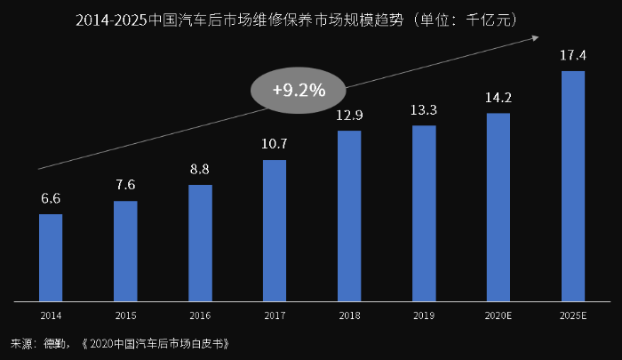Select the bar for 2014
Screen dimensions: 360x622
pos(51,257)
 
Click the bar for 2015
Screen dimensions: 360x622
pos(125,251)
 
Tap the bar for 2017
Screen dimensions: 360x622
pos(275,230)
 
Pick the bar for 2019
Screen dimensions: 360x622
pos(424,212)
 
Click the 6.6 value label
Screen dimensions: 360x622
pos(51,200)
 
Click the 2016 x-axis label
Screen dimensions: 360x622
pos(200,315)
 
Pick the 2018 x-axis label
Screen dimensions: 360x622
pos(349,315)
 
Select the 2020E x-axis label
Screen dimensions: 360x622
pos(498,315)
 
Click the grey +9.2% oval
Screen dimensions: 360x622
pos(299,90)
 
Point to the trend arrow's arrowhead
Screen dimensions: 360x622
pos(536,36)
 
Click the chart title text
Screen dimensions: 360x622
pos(311,18)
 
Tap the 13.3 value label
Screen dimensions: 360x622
pos(424,111)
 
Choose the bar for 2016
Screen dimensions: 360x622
pos(200,243)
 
